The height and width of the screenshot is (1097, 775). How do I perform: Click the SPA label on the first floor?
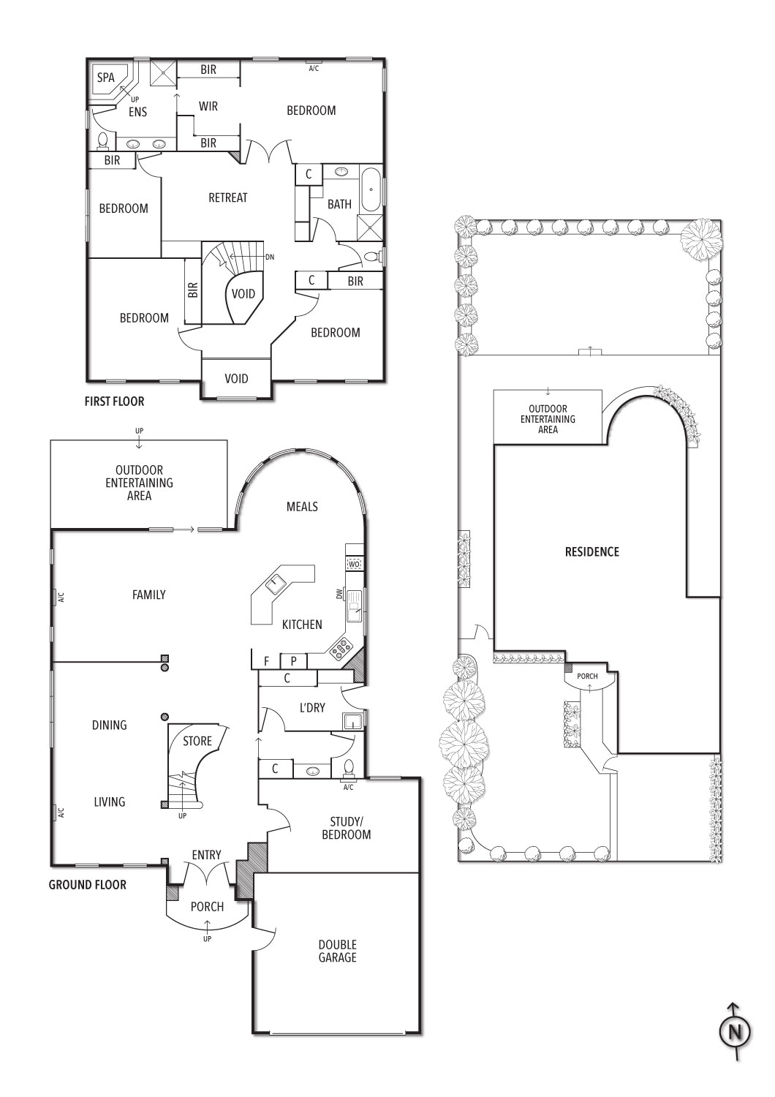coord(106,78)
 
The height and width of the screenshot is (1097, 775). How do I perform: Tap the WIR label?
coord(208,106)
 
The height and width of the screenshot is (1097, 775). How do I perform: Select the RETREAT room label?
coord(227,198)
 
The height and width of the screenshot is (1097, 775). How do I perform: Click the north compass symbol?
coord(735,1031)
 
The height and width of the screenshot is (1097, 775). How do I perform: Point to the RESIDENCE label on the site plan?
coord(592,552)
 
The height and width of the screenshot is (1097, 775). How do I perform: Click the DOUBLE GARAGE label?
coord(337,951)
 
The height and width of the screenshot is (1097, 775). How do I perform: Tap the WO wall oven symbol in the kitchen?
coord(354,564)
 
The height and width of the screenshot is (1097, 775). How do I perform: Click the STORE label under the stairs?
coord(197,741)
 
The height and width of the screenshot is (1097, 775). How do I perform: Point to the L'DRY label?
coord(311,708)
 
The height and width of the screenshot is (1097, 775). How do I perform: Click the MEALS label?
coord(302,506)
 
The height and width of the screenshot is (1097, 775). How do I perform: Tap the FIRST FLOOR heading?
coord(115,402)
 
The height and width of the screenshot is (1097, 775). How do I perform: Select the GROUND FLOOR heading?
coord(88,885)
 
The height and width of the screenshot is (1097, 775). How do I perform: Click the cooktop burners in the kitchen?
coord(341,647)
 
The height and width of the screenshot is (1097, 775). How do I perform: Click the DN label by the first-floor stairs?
coord(270,257)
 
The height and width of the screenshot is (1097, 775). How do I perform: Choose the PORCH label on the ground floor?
coord(207,907)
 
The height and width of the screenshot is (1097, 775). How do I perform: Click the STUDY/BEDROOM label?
coord(346,828)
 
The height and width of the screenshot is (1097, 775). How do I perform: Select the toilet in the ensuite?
coord(103,140)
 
